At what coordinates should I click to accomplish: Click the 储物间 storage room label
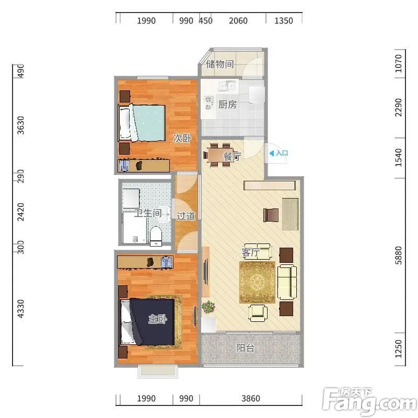pos(220,64)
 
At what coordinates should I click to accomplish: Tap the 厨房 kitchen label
pos(227,104)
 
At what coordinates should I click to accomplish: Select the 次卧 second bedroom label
pos(182,138)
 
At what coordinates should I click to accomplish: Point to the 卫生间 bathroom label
pos(148,213)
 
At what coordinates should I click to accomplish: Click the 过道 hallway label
pos(186,216)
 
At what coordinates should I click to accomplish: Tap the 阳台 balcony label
pos(245,347)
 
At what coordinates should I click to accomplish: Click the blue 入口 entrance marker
pos(279,153)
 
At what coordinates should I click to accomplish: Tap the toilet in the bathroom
pos(156,236)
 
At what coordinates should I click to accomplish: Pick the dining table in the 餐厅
pos(220,155)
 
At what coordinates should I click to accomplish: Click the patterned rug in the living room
pos(257,282)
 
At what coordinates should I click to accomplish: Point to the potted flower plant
pos(208,307)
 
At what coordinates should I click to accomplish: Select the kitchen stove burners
pos(208,103)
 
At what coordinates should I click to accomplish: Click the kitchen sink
pos(227,85)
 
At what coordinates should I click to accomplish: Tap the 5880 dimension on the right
pos(398,256)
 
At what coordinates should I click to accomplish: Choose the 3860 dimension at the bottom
pos(251,398)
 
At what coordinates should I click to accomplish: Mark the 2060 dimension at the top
pos(238,20)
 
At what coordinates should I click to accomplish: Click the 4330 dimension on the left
pos(20,309)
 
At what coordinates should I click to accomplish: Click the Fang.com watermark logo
pos(369,402)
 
